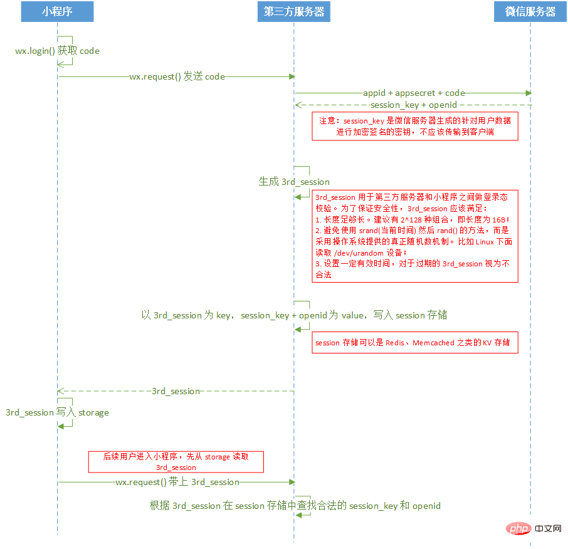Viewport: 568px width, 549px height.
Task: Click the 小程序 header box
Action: pyautogui.click(x=57, y=12)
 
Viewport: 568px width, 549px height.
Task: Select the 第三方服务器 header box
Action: pyautogui.click(x=293, y=12)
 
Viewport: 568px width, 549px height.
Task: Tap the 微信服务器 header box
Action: pyautogui.click(x=530, y=12)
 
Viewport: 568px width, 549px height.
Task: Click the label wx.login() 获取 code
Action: pyautogui.click(x=58, y=51)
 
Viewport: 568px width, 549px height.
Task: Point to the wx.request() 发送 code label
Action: pyautogui.click(x=177, y=76)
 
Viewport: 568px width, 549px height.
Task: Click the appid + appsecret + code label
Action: pyautogui.click(x=414, y=93)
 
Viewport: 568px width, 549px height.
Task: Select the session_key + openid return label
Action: pyautogui.click(x=414, y=105)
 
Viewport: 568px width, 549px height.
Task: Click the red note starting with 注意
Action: pyautogui.click(x=415, y=126)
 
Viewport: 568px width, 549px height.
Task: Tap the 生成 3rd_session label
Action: pyautogui.click(x=294, y=182)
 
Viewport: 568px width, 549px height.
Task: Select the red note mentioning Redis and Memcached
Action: pyautogui.click(x=415, y=343)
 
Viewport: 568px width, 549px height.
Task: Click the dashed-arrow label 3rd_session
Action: pyautogui.click(x=176, y=391)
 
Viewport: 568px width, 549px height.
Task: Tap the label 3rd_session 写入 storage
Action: pyautogui.click(x=57, y=412)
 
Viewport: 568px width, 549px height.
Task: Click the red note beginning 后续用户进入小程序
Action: pyautogui.click(x=176, y=462)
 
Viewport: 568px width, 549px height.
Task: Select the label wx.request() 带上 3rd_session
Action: pyautogui.click(x=177, y=482)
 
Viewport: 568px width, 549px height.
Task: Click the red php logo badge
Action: pyautogui.click(x=518, y=530)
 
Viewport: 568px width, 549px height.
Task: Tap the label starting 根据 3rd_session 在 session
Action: pyautogui.click(x=295, y=505)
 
